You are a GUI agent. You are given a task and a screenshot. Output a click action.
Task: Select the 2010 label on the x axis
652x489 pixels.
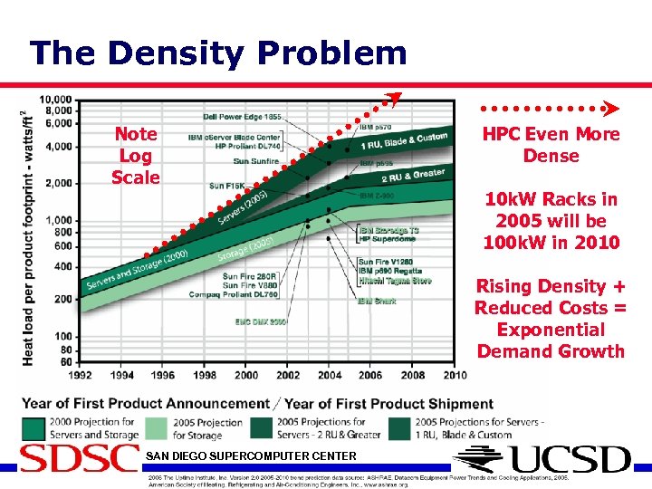455,375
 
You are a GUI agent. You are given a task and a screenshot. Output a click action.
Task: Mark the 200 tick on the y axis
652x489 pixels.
64,299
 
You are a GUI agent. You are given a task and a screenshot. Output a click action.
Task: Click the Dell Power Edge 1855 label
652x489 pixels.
242,117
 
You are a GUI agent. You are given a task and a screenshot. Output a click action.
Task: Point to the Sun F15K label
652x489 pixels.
226,186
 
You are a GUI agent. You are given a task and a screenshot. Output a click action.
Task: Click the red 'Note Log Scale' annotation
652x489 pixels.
135,156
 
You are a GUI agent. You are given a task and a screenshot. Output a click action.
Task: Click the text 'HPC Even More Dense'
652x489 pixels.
551,145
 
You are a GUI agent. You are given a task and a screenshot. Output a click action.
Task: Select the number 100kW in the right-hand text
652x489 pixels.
513,243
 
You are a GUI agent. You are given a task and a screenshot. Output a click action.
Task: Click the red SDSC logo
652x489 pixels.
80,458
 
